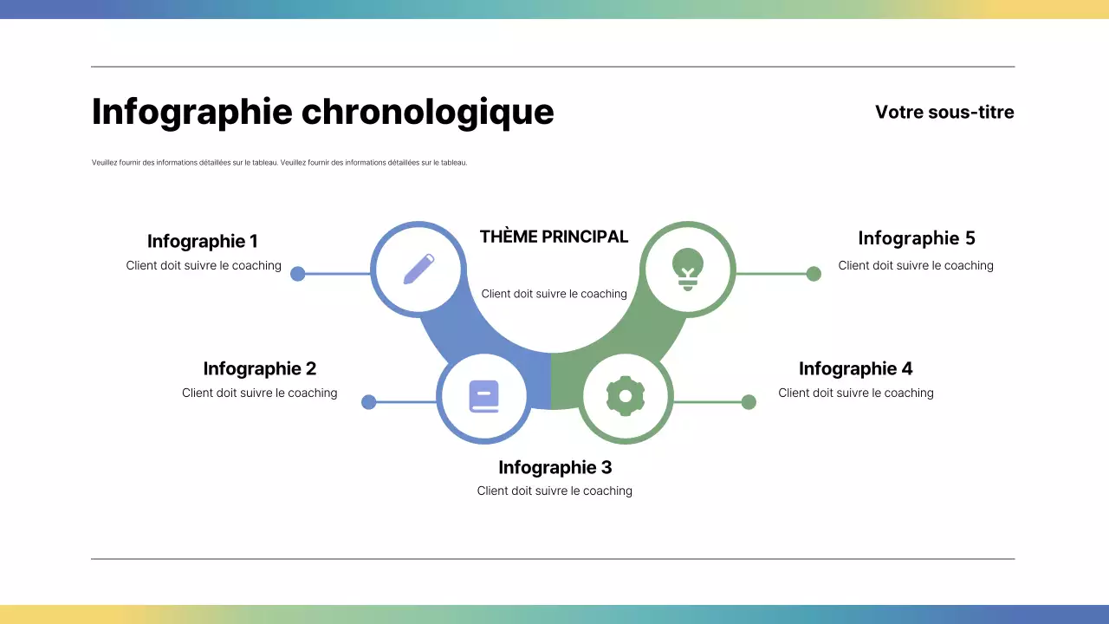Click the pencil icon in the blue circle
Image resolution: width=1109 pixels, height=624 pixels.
418,269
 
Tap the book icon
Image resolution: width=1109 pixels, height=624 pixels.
484,397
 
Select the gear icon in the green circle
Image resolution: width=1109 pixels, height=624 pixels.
626,397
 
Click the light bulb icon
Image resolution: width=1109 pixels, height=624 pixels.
688,268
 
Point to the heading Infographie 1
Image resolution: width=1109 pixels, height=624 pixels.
203,242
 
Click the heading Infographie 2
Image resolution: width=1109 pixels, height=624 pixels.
260,368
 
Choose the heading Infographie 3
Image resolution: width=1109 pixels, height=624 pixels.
554,467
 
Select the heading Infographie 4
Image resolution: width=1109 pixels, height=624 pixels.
855,368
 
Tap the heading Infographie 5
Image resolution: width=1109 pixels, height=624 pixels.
917,238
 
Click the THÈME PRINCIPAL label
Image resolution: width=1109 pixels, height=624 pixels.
554,237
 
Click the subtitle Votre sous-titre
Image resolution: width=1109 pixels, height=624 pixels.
944,112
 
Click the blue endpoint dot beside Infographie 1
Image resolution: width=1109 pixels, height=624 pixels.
297,274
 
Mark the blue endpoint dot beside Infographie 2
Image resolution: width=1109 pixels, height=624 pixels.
368,402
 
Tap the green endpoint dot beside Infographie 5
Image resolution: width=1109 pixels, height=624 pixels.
814,274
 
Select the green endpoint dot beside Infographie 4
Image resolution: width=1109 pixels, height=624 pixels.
749,402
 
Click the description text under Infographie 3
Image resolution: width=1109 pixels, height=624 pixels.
554,491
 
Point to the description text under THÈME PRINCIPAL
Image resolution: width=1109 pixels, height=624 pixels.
554,294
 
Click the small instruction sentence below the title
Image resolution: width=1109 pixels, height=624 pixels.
279,162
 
